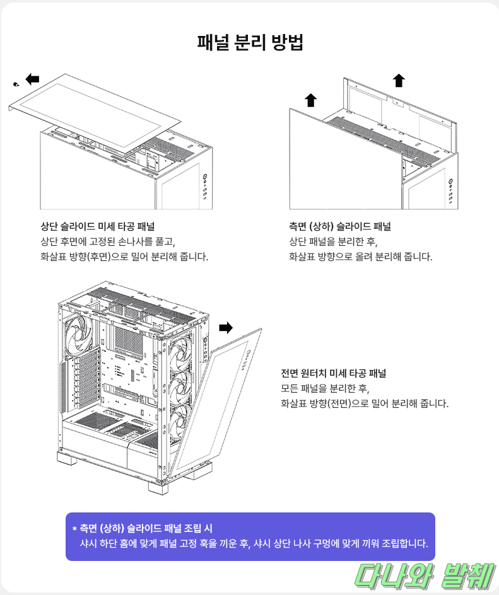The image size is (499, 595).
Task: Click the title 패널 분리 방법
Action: (x=250, y=43)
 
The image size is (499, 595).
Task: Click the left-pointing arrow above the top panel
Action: (x=32, y=79)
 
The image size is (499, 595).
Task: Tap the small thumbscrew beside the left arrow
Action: (x=16, y=83)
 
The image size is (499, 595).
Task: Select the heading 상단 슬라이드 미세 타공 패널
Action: (x=98, y=226)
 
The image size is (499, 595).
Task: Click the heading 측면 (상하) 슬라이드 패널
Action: (x=339, y=226)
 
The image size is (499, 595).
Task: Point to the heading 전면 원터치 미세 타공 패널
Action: (x=333, y=373)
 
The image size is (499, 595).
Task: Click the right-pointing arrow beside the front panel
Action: (x=226, y=327)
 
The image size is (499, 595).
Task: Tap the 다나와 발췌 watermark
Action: (x=422, y=575)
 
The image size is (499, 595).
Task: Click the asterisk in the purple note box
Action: (x=74, y=528)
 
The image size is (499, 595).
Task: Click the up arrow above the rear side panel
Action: (x=399, y=80)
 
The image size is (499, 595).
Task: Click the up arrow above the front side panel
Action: (x=310, y=100)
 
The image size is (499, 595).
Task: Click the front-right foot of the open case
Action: (x=160, y=486)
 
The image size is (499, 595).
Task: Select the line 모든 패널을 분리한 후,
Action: (x=325, y=388)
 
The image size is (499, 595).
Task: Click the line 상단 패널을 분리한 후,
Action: (x=332, y=241)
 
